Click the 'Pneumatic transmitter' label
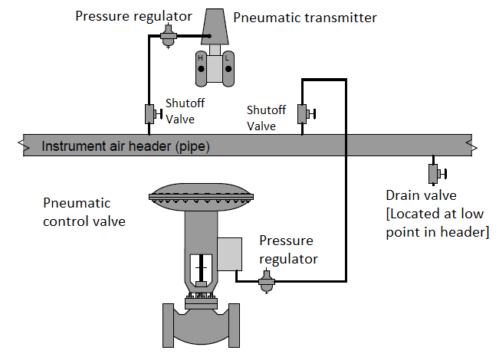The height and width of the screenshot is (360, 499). tap(304, 18)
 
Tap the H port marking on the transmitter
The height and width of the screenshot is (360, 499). tap(200, 58)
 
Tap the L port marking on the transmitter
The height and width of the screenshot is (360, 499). tap(227, 58)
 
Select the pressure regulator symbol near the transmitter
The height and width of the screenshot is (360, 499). tap(170, 38)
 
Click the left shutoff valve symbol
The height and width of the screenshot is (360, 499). tap(149, 114)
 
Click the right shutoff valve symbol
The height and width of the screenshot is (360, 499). tap(303, 114)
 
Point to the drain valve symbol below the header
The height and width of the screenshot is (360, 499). tap(433, 173)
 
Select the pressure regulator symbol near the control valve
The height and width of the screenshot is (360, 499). tap(266, 283)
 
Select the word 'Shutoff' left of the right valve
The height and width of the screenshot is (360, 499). tap(266, 110)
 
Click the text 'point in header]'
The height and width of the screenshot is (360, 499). tap(437, 232)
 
